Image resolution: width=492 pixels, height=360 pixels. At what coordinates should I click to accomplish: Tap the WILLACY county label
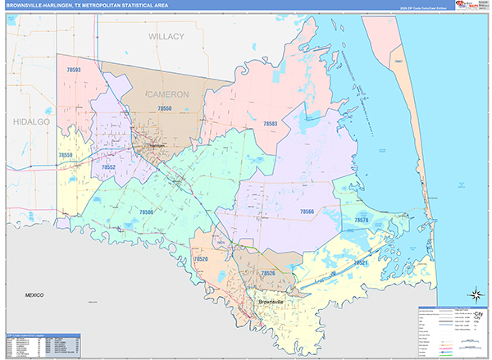click(166, 37)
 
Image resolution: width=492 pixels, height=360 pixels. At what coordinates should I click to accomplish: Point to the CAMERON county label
click(167, 94)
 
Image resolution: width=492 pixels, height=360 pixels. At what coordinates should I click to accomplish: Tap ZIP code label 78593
click(69, 71)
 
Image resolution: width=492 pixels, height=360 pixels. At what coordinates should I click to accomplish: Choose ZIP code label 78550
click(164, 108)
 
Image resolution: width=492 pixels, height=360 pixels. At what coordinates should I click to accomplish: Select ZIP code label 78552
click(108, 167)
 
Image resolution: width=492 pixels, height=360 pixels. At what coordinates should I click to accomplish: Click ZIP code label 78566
click(307, 212)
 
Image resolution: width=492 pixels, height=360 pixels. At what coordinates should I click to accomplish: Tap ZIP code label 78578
click(362, 221)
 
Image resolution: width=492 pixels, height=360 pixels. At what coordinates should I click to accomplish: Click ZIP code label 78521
click(362, 263)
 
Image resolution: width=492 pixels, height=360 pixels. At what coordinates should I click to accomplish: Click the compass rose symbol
click(473, 294)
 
